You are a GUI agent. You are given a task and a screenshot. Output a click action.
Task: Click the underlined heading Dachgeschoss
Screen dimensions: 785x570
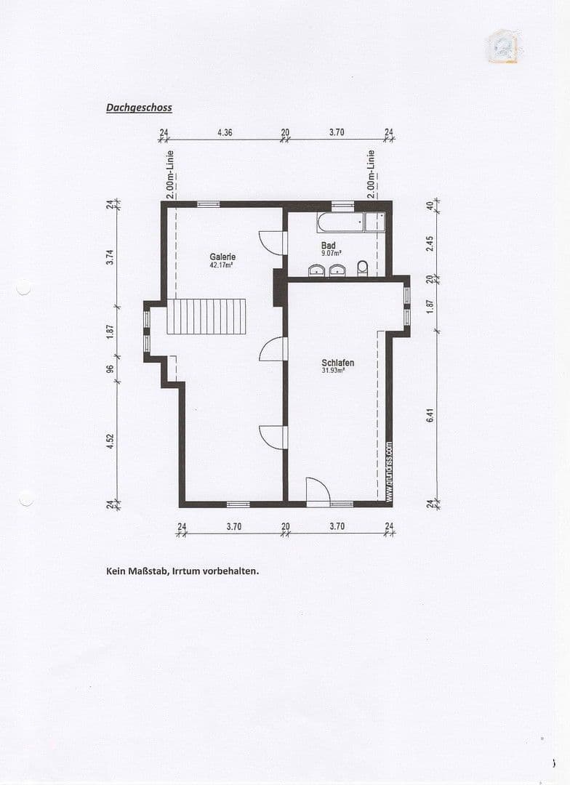pos(139,108)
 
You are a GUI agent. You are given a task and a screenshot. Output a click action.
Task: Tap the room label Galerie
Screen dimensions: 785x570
pos(222,257)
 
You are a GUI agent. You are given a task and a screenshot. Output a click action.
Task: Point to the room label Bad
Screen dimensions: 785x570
pos(329,246)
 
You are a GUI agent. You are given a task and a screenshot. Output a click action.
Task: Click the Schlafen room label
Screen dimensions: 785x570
pos(338,362)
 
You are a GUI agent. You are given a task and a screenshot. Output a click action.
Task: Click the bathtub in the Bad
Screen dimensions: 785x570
pos(340,222)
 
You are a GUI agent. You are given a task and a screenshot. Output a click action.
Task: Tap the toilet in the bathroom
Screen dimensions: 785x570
pos(363,268)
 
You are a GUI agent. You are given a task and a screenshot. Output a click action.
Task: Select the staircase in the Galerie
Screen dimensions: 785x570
pos(206,316)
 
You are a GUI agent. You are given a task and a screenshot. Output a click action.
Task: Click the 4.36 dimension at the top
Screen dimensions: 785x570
pos(225,133)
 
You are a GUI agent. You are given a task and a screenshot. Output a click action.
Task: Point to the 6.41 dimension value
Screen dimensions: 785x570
pos(430,415)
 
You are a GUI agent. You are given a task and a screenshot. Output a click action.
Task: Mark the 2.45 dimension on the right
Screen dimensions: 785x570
pos(430,242)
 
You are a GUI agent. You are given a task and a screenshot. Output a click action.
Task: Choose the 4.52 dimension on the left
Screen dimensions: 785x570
pos(111,442)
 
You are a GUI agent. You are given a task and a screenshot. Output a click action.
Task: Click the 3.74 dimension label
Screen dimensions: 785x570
pos(111,257)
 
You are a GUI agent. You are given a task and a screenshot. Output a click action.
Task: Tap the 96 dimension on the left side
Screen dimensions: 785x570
pos(111,368)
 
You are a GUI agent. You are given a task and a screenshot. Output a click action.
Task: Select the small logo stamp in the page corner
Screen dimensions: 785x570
pos(502,46)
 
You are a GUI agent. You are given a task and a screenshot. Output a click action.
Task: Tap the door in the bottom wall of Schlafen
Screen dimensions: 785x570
pos(317,491)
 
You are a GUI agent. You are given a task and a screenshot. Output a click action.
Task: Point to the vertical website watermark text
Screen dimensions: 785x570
pos(389,472)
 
